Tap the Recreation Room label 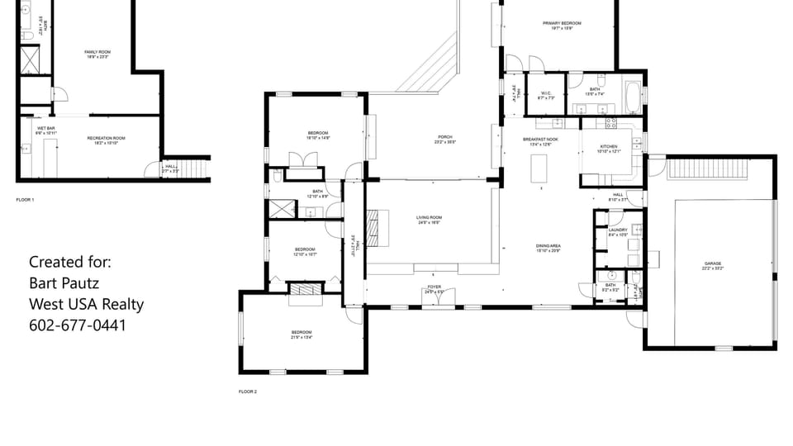pyautogui.click(x=106, y=140)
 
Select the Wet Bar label pyautogui.click(x=45, y=130)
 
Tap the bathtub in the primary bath pyautogui.click(x=632, y=96)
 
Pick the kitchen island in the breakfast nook pyautogui.click(x=541, y=168)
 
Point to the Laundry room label pyautogui.click(x=618, y=232)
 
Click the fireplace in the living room pyautogui.click(x=376, y=227)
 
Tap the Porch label pyautogui.click(x=445, y=139)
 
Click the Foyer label pyautogui.click(x=434, y=289)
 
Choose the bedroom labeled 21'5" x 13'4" pyautogui.click(x=302, y=334)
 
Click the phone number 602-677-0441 pyautogui.click(x=78, y=325)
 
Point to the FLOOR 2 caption pyautogui.click(x=248, y=391)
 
